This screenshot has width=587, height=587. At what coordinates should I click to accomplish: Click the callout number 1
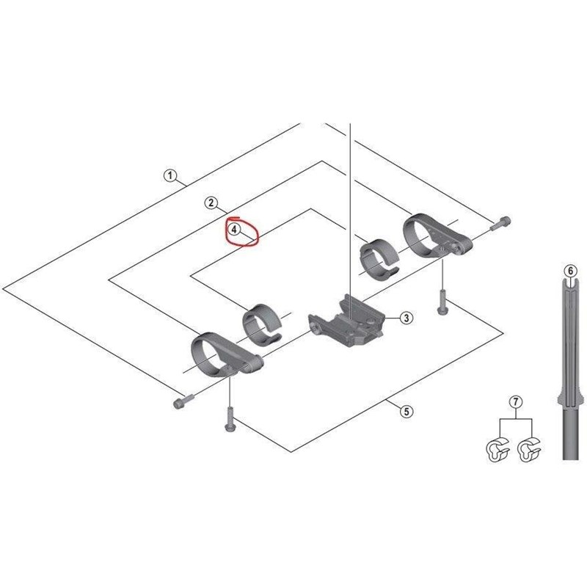point(169,176)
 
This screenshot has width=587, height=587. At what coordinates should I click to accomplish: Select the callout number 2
point(211,203)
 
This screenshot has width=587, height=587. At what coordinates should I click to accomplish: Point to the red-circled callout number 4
point(233,230)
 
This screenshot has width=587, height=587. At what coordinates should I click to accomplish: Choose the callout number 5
point(406,412)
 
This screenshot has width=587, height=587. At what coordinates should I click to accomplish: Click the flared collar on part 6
point(570,401)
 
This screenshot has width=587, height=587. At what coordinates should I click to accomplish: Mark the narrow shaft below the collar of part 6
point(570,437)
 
